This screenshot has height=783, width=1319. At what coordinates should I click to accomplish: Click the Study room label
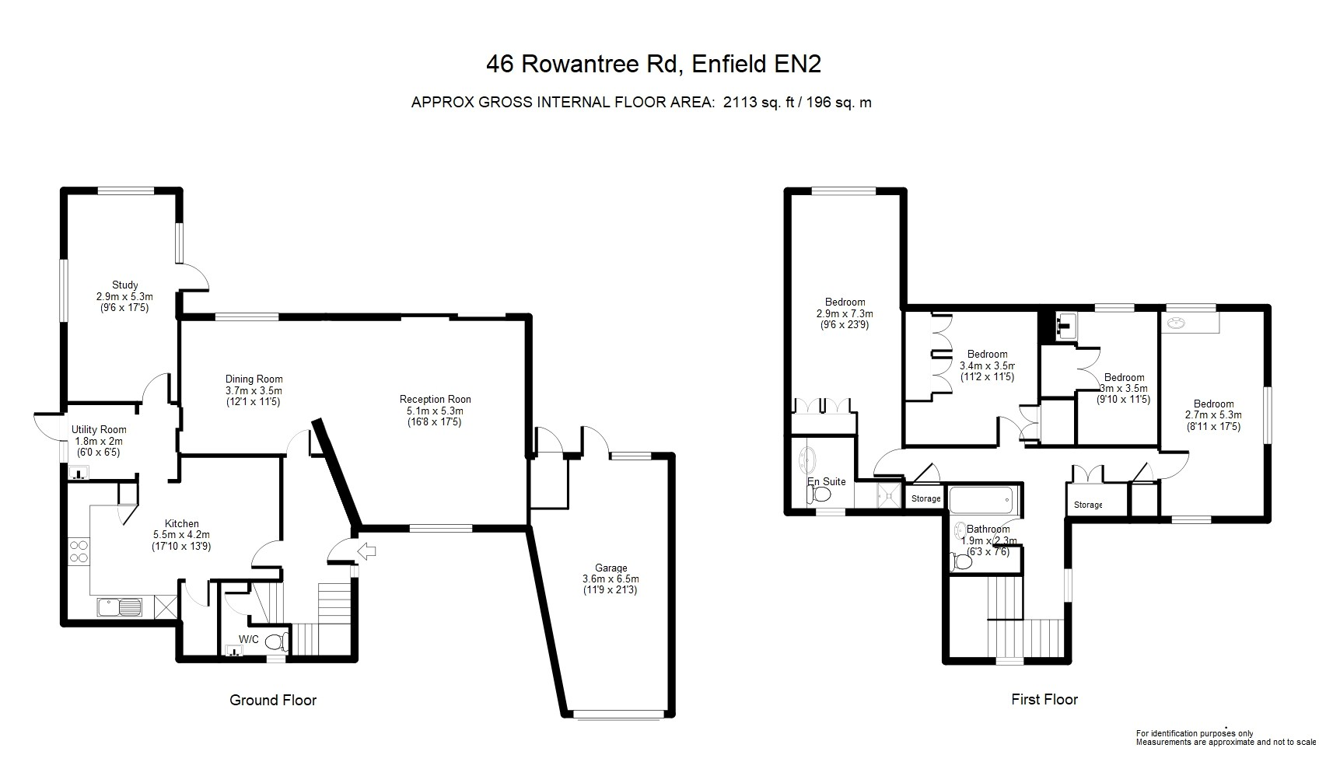(x=125, y=285)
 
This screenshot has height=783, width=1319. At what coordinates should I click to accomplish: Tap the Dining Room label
(x=254, y=379)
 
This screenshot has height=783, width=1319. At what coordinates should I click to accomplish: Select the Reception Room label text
(x=436, y=399)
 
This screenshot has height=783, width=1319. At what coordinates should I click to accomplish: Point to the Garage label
(x=611, y=568)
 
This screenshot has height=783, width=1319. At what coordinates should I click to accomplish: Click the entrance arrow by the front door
(x=367, y=551)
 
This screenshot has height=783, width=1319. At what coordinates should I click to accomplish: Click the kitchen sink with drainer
(x=120, y=607)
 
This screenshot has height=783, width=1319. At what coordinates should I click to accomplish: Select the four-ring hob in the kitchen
(x=79, y=551)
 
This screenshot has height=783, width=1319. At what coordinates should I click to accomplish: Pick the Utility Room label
(x=99, y=430)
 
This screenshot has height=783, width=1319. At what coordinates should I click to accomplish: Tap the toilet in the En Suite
(x=820, y=495)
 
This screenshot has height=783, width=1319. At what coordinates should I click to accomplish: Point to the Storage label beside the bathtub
(x=925, y=498)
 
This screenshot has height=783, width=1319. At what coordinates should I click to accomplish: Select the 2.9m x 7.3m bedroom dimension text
(x=845, y=314)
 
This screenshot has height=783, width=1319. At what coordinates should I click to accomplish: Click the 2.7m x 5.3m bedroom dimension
(x=1213, y=415)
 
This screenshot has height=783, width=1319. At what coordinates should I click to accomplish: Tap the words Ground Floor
(x=273, y=700)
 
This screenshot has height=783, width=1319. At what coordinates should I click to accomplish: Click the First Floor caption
(x=1044, y=699)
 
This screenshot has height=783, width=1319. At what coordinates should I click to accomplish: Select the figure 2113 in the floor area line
(x=740, y=103)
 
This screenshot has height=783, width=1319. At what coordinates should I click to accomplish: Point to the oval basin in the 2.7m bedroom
(x=1177, y=323)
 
